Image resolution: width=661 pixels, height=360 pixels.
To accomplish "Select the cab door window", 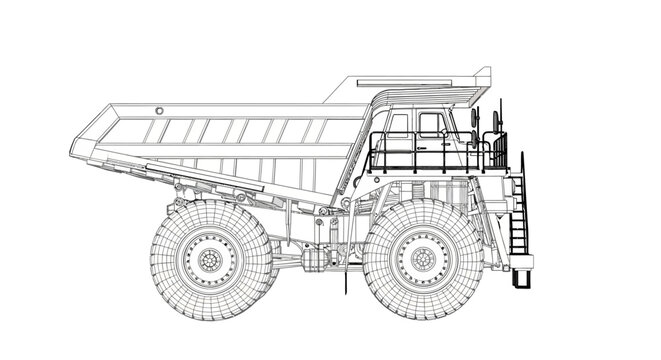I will coord(432,124).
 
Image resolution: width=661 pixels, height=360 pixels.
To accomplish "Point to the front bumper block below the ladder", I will coord(522,264).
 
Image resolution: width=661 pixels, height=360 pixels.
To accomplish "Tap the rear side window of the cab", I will coord(399,125).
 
